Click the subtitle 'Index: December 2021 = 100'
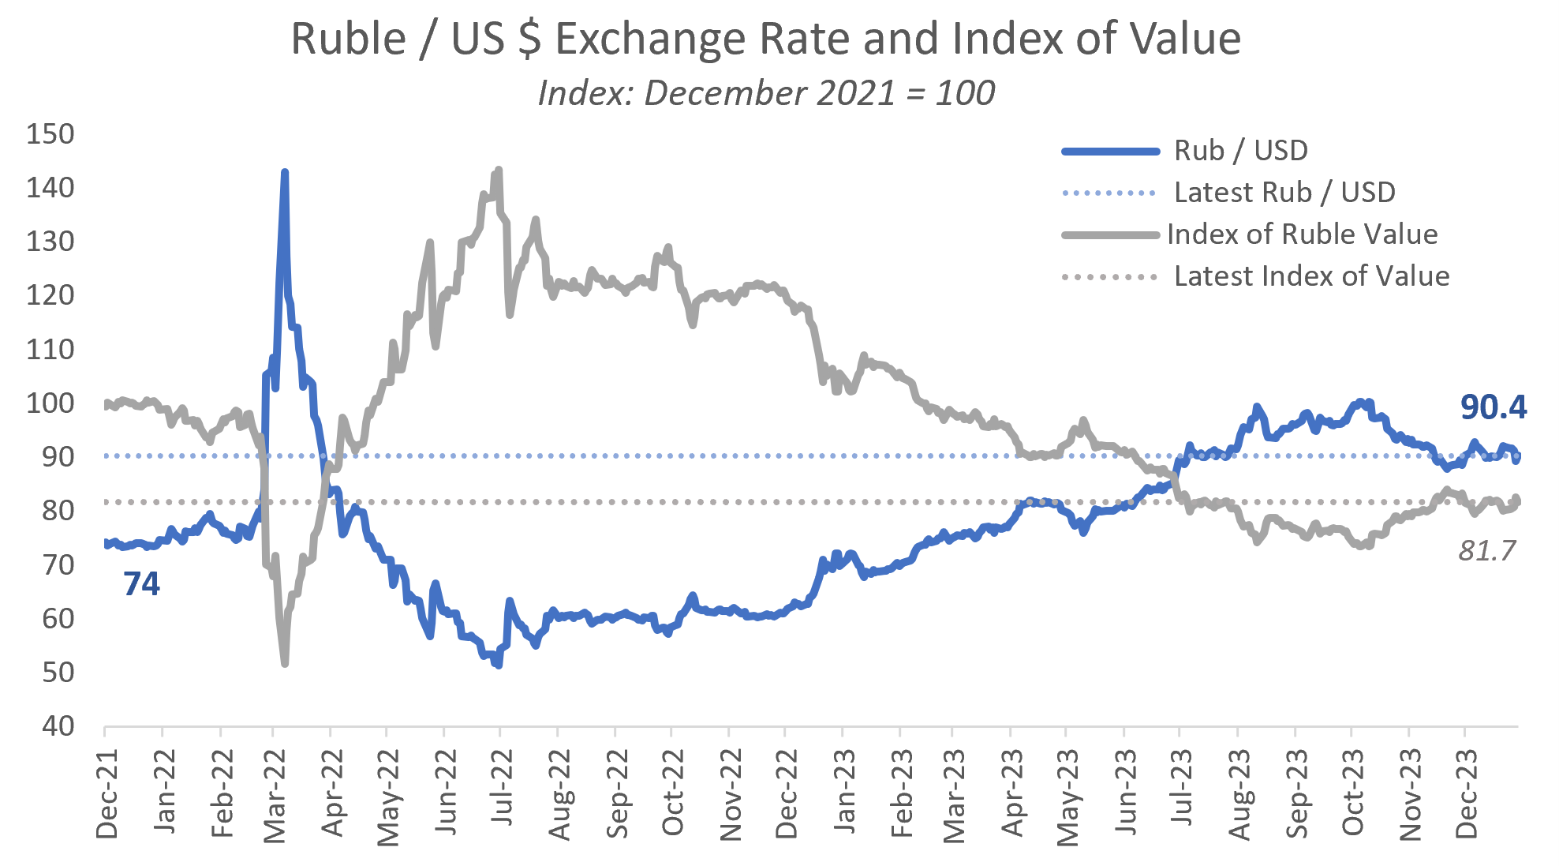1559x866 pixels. (x=765, y=93)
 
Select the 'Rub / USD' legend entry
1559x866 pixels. (x=1240, y=150)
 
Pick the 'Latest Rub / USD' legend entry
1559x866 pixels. (x=1284, y=192)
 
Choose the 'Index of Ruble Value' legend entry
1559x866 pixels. (x=1302, y=234)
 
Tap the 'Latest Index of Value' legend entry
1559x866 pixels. (x=1311, y=276)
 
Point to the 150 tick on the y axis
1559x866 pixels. (x=50, y=134)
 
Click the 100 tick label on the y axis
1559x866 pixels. (x=50, y=403)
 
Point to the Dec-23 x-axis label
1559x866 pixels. (x=1466, y=793)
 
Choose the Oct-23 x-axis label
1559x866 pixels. (x=1352, y=792)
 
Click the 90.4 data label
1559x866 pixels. (x=1493, y=407)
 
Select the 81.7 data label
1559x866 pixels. (x=1486, y=550)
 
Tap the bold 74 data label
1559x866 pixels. (x=141, y=584)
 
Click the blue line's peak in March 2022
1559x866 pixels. (x=285, y=172)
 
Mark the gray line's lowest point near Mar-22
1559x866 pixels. (x=285, y=663)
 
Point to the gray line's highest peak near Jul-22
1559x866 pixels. (x=499, y=170)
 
